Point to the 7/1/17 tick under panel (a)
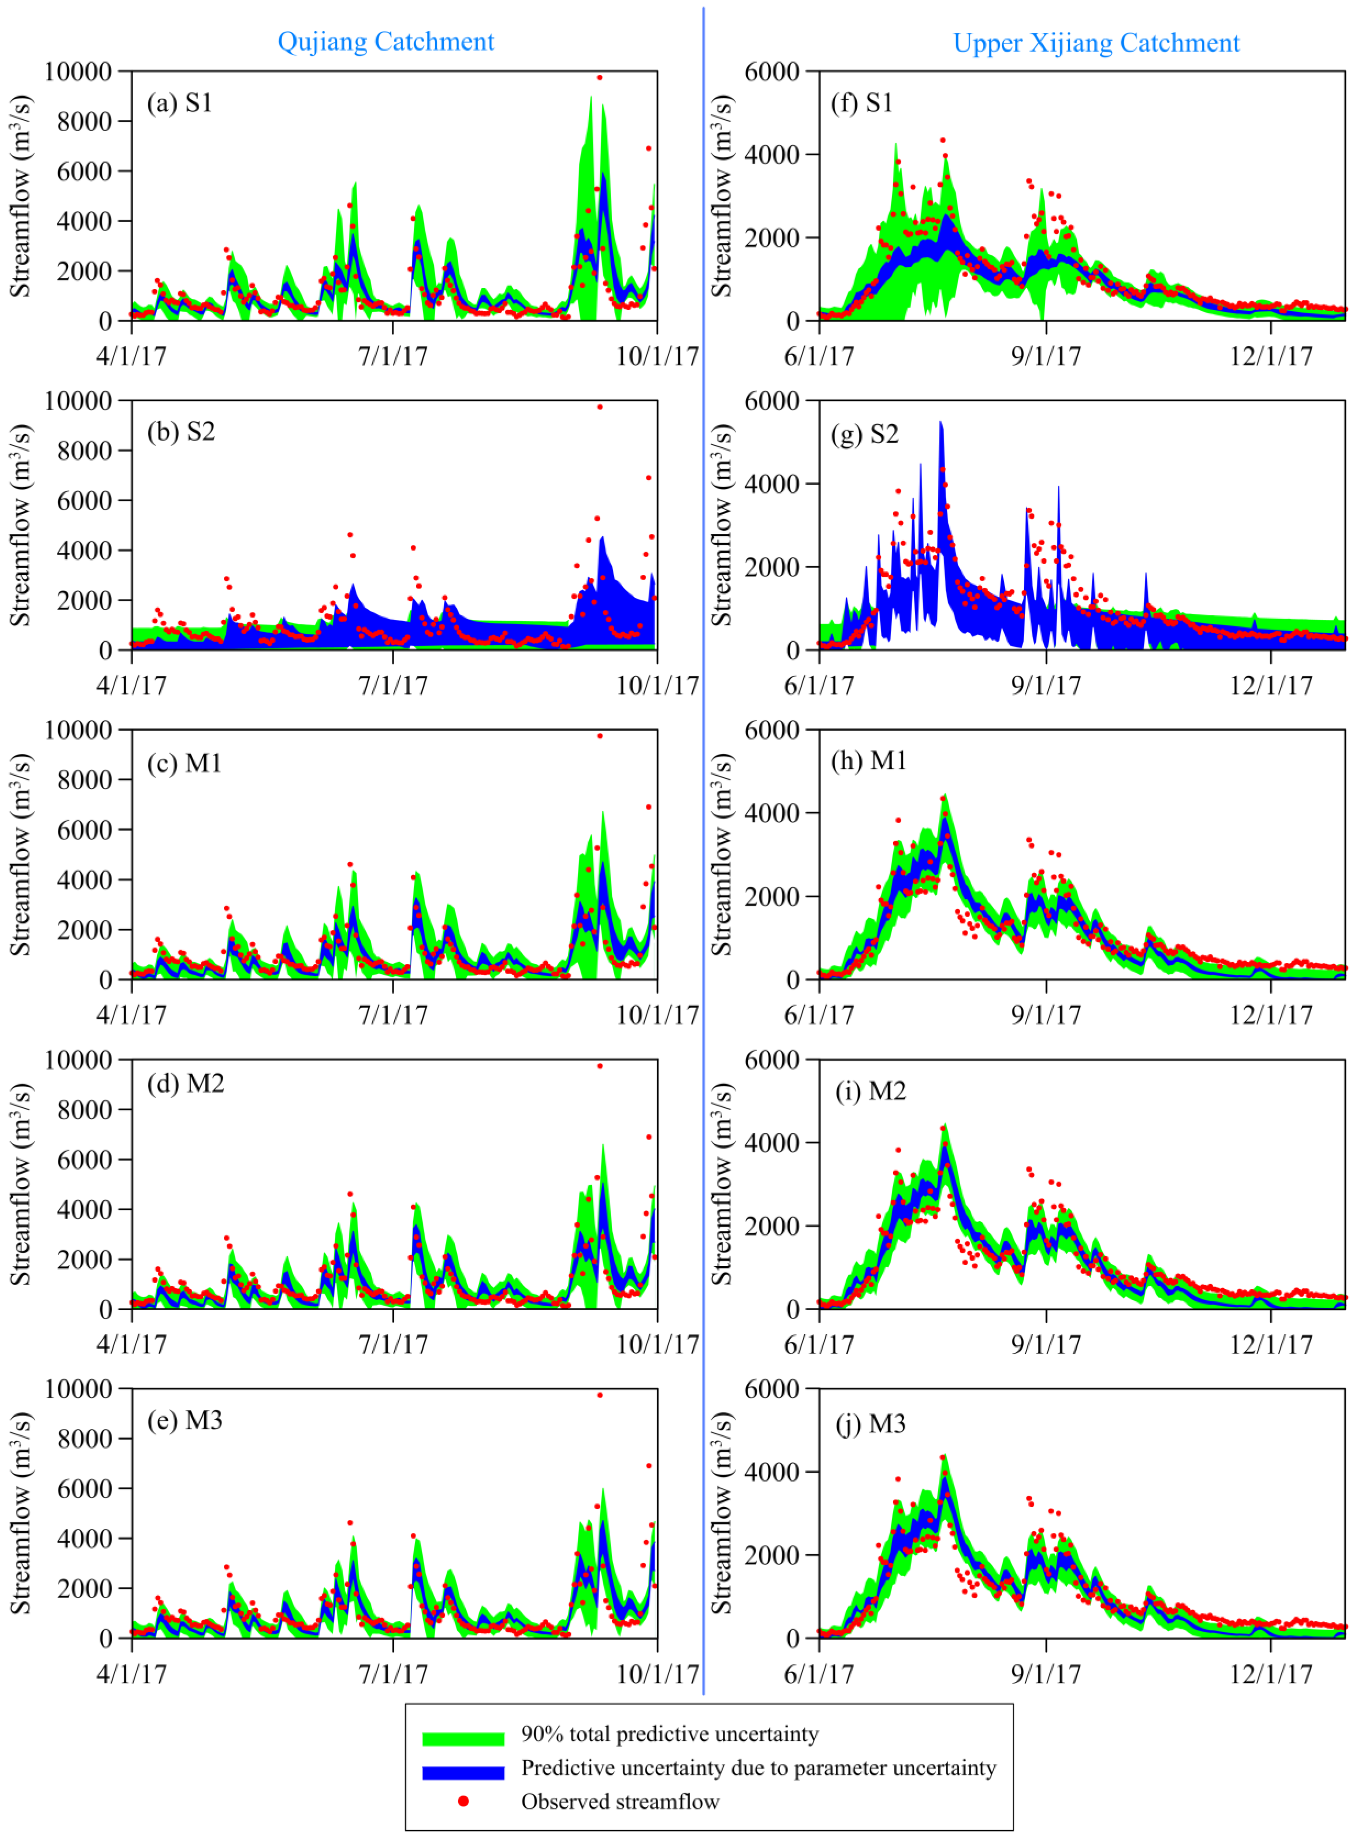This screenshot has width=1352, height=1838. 393,356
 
